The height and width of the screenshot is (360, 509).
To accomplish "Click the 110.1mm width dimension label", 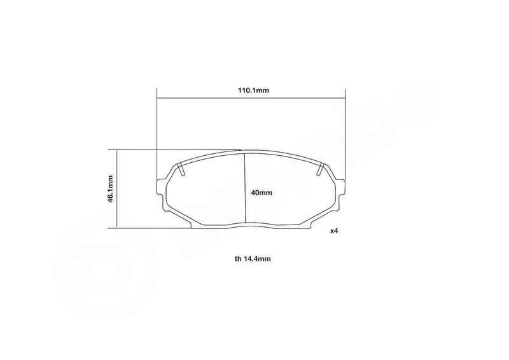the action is [x=253, y=90].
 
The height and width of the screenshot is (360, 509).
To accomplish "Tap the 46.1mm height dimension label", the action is [x=110, y=190].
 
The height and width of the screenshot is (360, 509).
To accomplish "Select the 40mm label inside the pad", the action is [x=261, y=193].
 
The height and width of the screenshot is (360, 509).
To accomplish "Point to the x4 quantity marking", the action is [x=334, y=231].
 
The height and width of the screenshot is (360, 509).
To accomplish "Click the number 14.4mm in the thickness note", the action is [x=258, y=259].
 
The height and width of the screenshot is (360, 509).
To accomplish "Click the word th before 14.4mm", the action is [x=238, y=259].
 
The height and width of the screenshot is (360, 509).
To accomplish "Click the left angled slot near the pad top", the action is [x=181, y=169].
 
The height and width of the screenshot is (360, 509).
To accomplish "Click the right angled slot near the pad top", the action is [x=321, y=169].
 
